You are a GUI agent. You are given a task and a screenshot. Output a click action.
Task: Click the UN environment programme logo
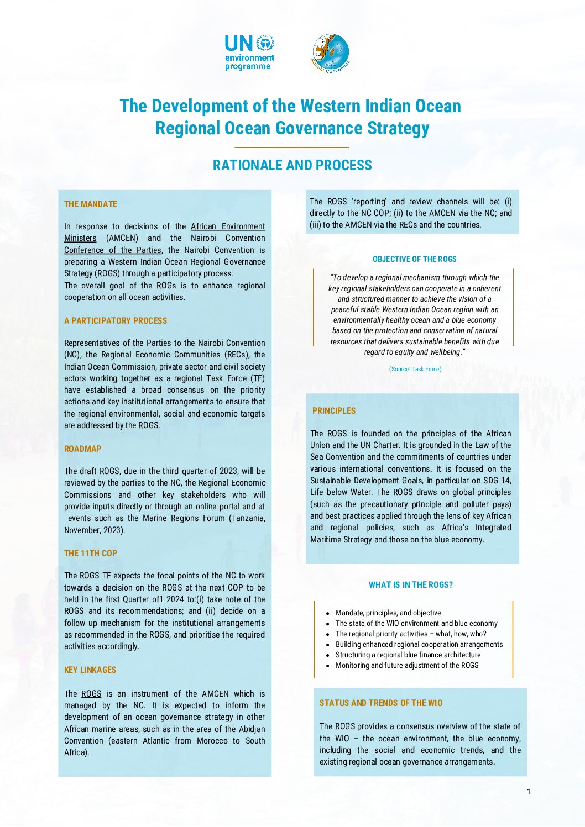[249, 53]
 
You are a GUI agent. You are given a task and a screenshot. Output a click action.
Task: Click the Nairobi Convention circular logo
[331, 53]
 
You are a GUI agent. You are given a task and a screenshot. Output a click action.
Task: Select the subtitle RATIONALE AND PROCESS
[292, 165]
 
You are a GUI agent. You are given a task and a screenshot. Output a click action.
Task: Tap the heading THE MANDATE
[91, 204]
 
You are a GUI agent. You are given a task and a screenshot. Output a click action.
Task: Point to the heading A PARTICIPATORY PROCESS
[116, 320]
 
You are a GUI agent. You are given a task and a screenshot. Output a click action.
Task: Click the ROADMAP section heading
[83, 449]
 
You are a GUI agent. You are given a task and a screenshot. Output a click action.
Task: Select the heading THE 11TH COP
[91, 553]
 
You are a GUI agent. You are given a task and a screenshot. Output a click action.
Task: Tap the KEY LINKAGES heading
[90, 670]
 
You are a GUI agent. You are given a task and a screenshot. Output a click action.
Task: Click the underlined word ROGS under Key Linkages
[91, 694]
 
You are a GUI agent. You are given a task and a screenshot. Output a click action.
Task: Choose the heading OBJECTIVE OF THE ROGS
[414, 259]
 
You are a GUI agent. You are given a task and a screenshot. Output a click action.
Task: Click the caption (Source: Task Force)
[415, 369]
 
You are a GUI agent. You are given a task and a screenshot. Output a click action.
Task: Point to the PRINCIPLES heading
[334, 410]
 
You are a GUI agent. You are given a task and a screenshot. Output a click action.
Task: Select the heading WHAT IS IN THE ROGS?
[410, 585]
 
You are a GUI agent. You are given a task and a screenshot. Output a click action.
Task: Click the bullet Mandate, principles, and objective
[388, 613]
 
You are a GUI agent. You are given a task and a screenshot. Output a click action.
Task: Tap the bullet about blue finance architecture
[408, 655]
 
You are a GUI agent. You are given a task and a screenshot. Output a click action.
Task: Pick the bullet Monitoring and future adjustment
[407, 665]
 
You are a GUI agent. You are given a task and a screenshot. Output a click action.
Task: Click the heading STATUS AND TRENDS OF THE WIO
[381, 703]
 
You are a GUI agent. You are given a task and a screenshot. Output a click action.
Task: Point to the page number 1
[528, 792]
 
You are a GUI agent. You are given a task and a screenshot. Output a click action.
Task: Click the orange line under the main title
[292, 147]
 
